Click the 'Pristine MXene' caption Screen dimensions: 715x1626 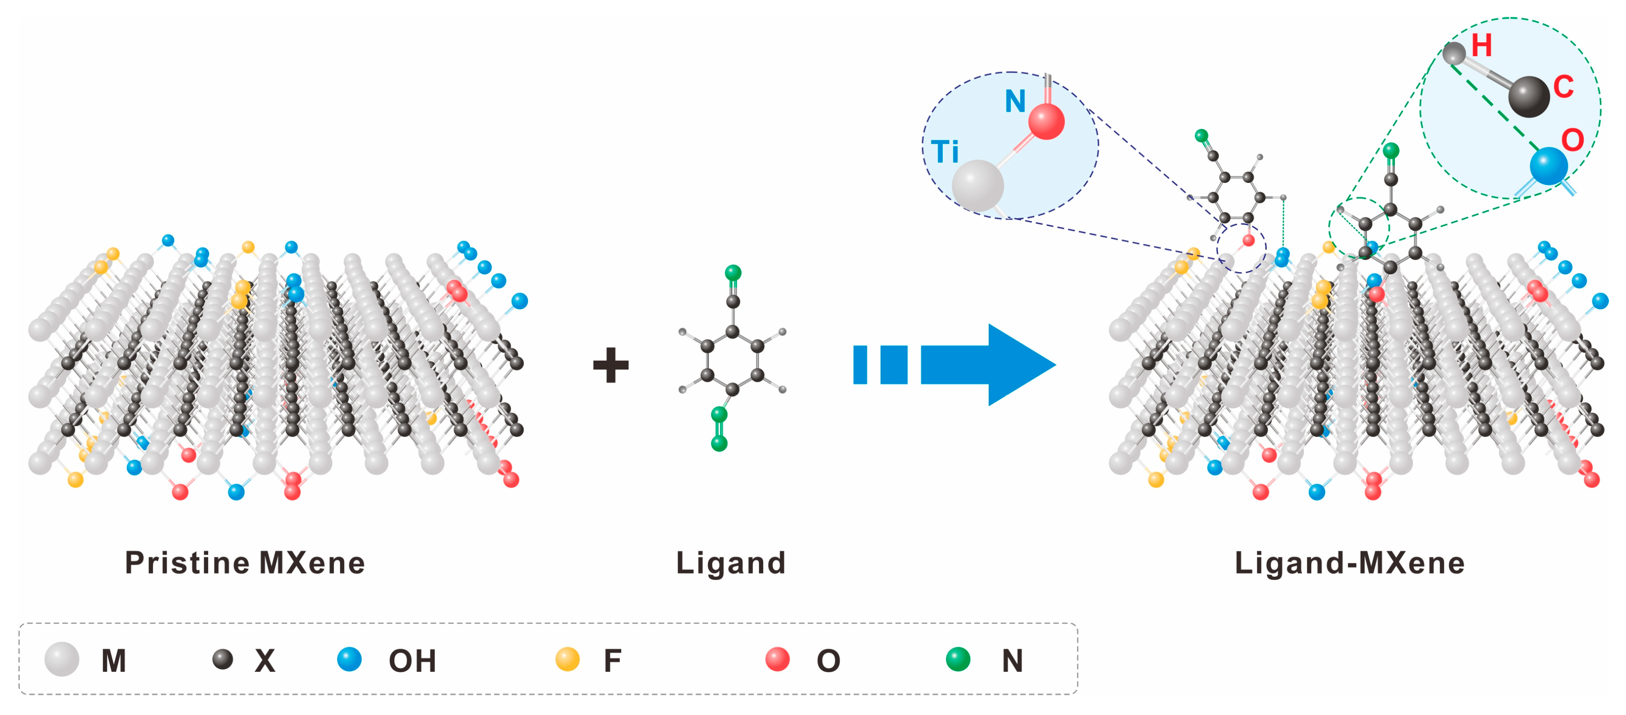(245, 563)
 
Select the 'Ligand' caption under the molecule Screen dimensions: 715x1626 (731, 563)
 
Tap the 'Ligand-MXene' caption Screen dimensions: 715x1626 (1349, 563)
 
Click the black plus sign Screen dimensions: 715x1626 (610, 365)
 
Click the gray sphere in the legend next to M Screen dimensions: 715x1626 (62, 659)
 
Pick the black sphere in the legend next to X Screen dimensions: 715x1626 (223, 659)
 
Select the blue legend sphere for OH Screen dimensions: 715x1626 (349, 659)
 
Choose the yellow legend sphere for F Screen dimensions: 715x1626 (567, 659)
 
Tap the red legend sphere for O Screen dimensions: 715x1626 (777, 659)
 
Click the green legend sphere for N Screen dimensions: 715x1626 (957, 659)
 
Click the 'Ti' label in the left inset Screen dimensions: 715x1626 (945, 152)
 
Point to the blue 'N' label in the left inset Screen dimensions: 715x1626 (1015, 102)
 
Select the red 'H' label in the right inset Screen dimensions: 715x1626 (1481, 45)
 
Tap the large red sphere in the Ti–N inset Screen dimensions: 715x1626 (1046, 121)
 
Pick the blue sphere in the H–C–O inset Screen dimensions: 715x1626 (1548, 166)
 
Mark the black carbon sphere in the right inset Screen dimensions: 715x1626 (1529, 96)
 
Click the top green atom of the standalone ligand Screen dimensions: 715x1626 (733, 272)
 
